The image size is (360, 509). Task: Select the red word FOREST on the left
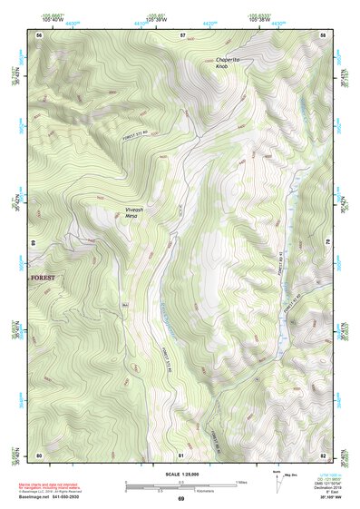coord(43,272)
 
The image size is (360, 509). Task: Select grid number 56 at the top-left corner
coord(39,34)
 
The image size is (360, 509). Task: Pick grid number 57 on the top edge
coord(182,34)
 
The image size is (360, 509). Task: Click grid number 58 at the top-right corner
coord(323,34)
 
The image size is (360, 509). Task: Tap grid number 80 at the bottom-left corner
coord(39,455)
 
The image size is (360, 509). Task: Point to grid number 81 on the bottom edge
coord(181,455)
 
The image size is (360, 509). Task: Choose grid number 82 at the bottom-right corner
coord(323,455)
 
